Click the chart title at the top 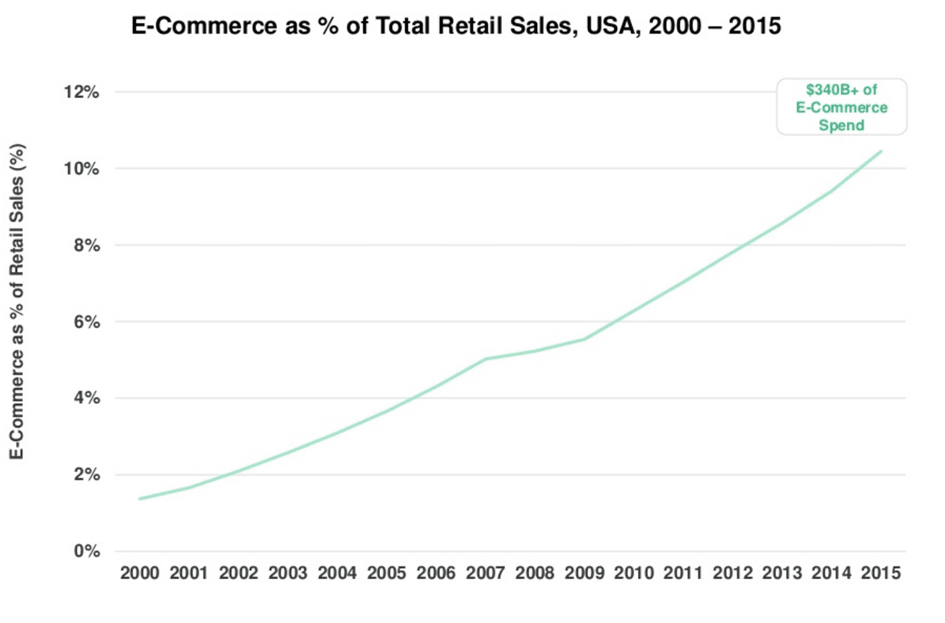(x=456, y=26)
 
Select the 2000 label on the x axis (x=140, y=574)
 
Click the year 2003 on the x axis (x=288, y=574)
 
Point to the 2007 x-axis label (x=486, y=574)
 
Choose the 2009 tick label (x=584, y=574)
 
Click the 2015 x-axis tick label (x=881, y=574)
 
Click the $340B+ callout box (x=841, y=107)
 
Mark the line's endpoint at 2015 (x=882, y=151)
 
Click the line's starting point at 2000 (x=140, y=499)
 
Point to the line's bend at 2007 (x=486, y=359)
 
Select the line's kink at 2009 (x=584, y=339)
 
